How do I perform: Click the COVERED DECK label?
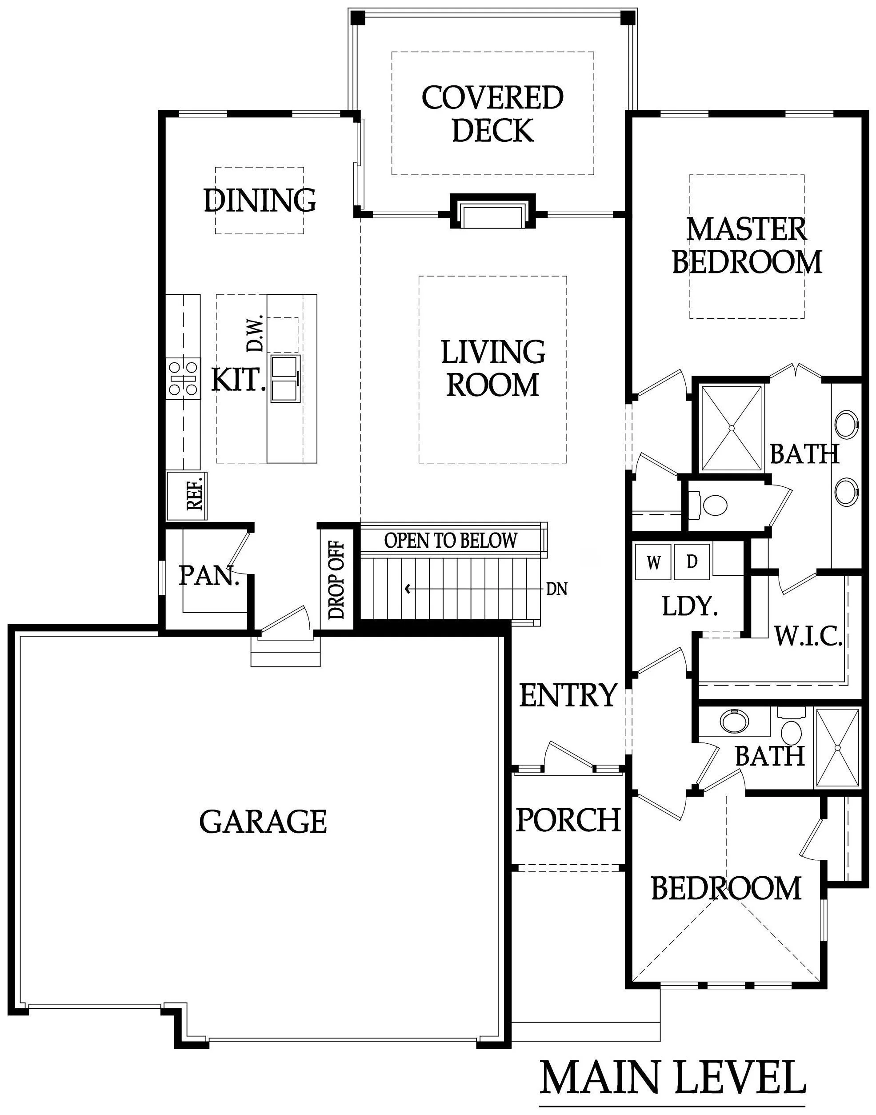coord(492,113)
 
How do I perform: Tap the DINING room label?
coord(260,200)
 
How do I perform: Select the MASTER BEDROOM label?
coord(747,245)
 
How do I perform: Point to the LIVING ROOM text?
coord(493,368)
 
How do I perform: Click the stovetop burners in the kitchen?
coord(184,378)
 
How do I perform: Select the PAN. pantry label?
coord(209,576)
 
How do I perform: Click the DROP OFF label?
coord(336,580)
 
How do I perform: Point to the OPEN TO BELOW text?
coord(451,540)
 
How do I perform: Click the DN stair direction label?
coord(557,589)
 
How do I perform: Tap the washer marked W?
coord(653,563)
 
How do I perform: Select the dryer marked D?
coord(692,562)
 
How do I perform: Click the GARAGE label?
coord(263,821)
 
